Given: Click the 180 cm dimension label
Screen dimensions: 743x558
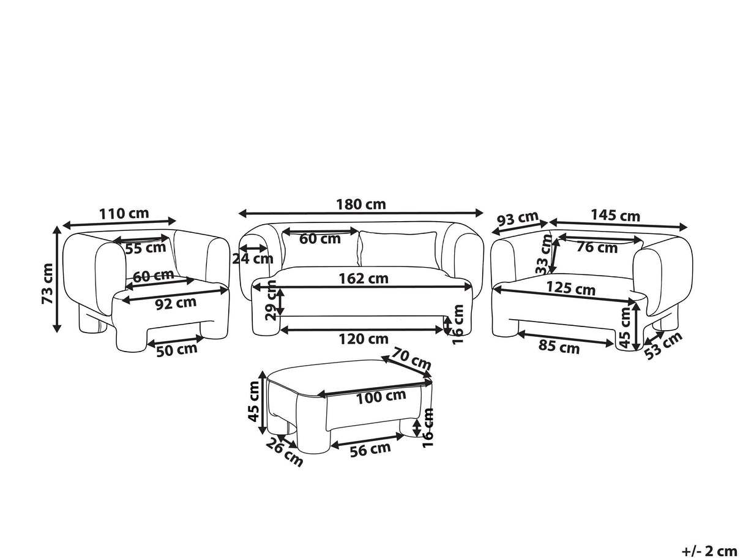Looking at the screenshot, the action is click(x=361, y=205).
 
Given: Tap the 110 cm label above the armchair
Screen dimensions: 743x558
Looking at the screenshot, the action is click(x=124, y=213).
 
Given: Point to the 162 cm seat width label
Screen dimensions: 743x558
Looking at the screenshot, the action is click(x=364, y=279).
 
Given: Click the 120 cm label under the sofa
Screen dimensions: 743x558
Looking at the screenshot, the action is click(x=364, y=339).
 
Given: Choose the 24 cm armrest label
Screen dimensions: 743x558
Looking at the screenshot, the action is click(x=253, y=259).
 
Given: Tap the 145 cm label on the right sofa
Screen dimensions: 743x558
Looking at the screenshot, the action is click(x=615, y=216).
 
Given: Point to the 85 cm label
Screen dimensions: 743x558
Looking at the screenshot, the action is click(x=559, y=348).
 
